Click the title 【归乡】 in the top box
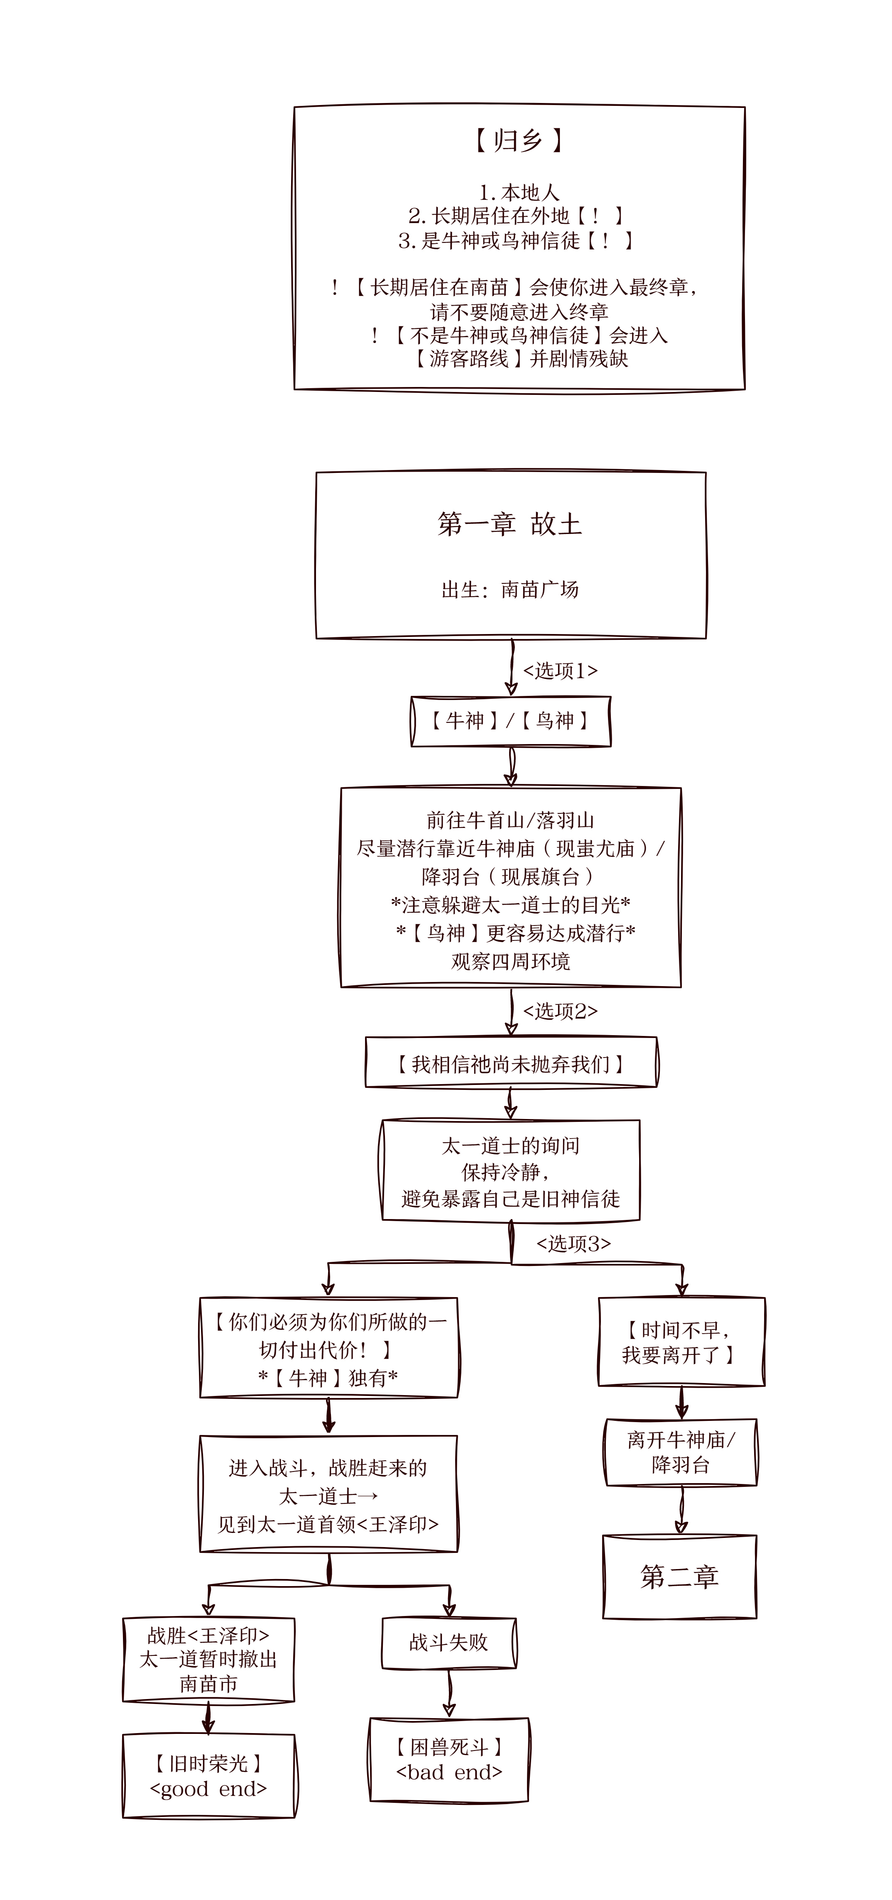pos(519,140)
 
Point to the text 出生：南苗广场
pos(510,589)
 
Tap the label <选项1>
pos(560,671)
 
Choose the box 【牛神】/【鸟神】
pos(510,721)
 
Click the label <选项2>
pos(560,1011)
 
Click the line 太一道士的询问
pos(510,1146)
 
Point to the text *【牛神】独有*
pos(328,1377)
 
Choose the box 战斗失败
pos(448,1643)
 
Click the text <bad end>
pos(448,1773)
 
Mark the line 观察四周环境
pos(510,962)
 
